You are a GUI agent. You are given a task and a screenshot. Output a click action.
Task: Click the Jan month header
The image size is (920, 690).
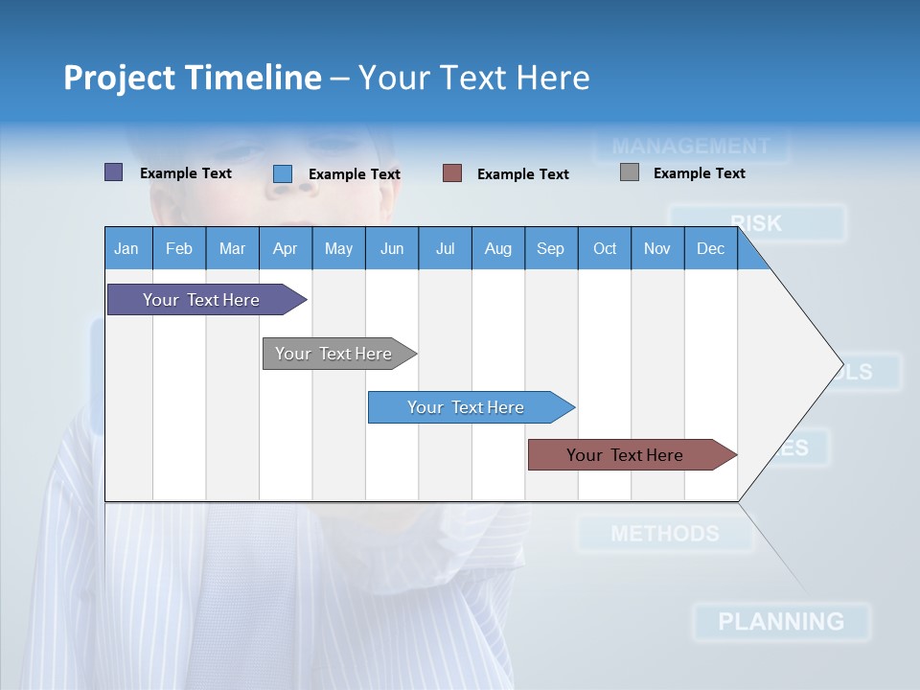[x=127, y=248]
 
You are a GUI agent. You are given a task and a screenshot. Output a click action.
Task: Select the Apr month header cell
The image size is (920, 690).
[x=286, y=248]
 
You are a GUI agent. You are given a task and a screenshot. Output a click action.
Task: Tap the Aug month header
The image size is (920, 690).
[x=498, y=248]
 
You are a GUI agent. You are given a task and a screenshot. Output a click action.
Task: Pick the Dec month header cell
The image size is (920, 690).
[x=711, y=248]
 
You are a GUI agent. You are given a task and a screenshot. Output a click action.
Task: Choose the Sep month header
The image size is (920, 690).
[x=551, y=248]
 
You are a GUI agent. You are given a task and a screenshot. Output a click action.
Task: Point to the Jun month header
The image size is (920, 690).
[x=392, y=248]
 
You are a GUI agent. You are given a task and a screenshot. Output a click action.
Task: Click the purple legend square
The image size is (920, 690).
[x=114, y=172]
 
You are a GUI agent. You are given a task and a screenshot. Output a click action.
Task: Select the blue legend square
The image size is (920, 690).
[x=283, y=173]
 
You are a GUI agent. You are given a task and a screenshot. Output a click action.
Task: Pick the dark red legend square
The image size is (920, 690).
[x=452, y=173]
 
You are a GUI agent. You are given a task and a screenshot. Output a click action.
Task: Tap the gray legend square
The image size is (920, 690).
[x=630, y=172]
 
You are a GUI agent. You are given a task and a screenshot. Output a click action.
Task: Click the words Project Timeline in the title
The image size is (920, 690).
[x=193, y=78]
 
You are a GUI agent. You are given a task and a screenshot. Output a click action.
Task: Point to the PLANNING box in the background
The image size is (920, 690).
[x=781, y=622]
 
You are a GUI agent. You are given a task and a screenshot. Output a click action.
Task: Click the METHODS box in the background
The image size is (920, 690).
[x=665, y=534]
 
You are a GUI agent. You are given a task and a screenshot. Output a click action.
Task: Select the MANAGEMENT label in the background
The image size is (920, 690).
[x=691, y=147]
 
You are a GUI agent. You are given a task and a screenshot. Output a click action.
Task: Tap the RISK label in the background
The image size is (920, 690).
[x=757, y=223]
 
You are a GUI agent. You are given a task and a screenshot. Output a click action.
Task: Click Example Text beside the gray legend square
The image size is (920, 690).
[x=699, y=173]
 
